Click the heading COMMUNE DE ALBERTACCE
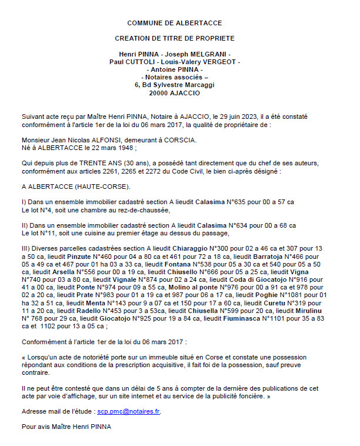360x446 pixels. [x=175, y=23]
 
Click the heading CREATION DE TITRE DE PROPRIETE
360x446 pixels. [x=175, y=38]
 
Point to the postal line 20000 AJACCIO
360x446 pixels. [x=175, y=93]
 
